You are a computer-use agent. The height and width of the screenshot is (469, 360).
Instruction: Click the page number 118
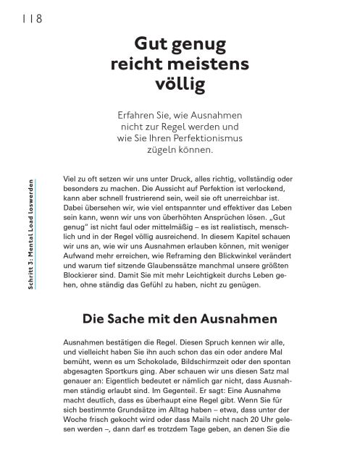(x=29, y=17)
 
